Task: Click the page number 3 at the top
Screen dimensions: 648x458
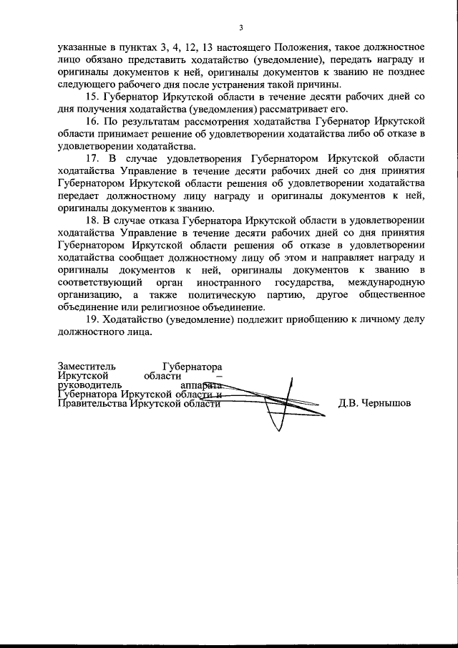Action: (x=241, y=28)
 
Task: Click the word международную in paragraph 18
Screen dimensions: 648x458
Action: (x=391, y=281)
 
